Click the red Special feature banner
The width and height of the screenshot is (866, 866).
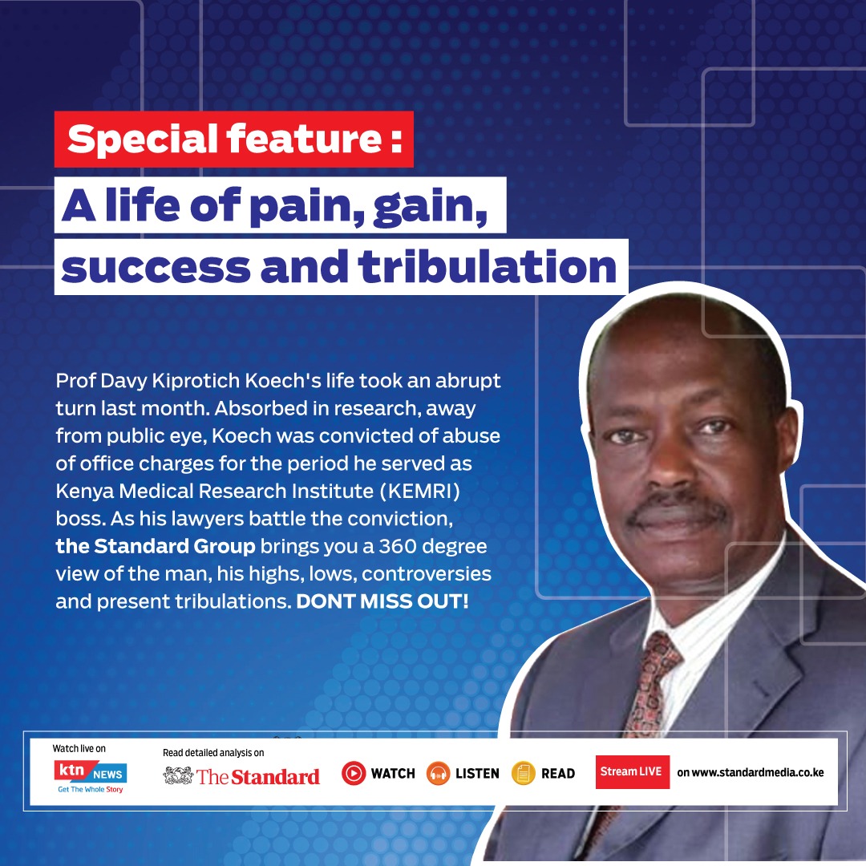234,140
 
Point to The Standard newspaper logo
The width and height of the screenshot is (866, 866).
241,775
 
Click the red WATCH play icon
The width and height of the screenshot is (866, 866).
354,773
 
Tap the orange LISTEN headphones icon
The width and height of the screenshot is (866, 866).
439,773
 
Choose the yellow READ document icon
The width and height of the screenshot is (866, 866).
524,773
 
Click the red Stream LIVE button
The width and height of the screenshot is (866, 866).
632,771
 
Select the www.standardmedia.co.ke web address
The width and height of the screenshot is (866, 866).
750,772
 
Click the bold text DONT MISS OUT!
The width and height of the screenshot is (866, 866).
382,601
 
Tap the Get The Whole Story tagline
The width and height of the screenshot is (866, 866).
90,790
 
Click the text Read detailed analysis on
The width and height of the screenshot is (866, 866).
213,753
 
